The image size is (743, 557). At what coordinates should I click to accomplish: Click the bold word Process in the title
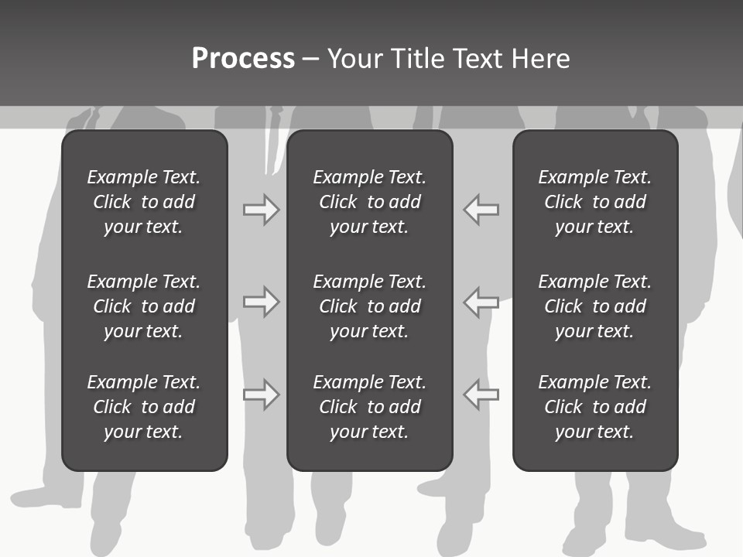(x=243, y=59)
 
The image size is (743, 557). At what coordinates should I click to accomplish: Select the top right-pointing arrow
(x=261, y=210)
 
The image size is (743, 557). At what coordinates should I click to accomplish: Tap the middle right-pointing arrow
(x=261, y=302)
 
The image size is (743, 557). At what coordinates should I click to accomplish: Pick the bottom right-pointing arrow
(x=261, y=394)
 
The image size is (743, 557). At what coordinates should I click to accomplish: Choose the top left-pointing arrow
(x=481, y=210)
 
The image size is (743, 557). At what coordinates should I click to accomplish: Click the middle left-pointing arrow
(x=481, y=302)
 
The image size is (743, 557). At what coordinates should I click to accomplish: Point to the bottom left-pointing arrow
(x=481, y=394)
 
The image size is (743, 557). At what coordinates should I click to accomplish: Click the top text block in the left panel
(x=144, y=202)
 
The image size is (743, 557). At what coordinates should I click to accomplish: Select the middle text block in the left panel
(x=144, y=306)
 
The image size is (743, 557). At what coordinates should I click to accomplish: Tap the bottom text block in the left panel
(x=144, y=407)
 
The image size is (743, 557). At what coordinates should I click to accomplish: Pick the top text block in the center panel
(x=369, y=202)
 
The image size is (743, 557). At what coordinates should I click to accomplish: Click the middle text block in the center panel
(x=369, y=306)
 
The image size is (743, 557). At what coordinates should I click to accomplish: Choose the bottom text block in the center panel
(x=369, y=407)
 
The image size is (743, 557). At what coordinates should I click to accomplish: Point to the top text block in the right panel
(x=594, y=202)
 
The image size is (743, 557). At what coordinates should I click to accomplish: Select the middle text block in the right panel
(x=594, y=306)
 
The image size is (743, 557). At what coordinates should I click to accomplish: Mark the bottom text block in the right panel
(x=594, y=407)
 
